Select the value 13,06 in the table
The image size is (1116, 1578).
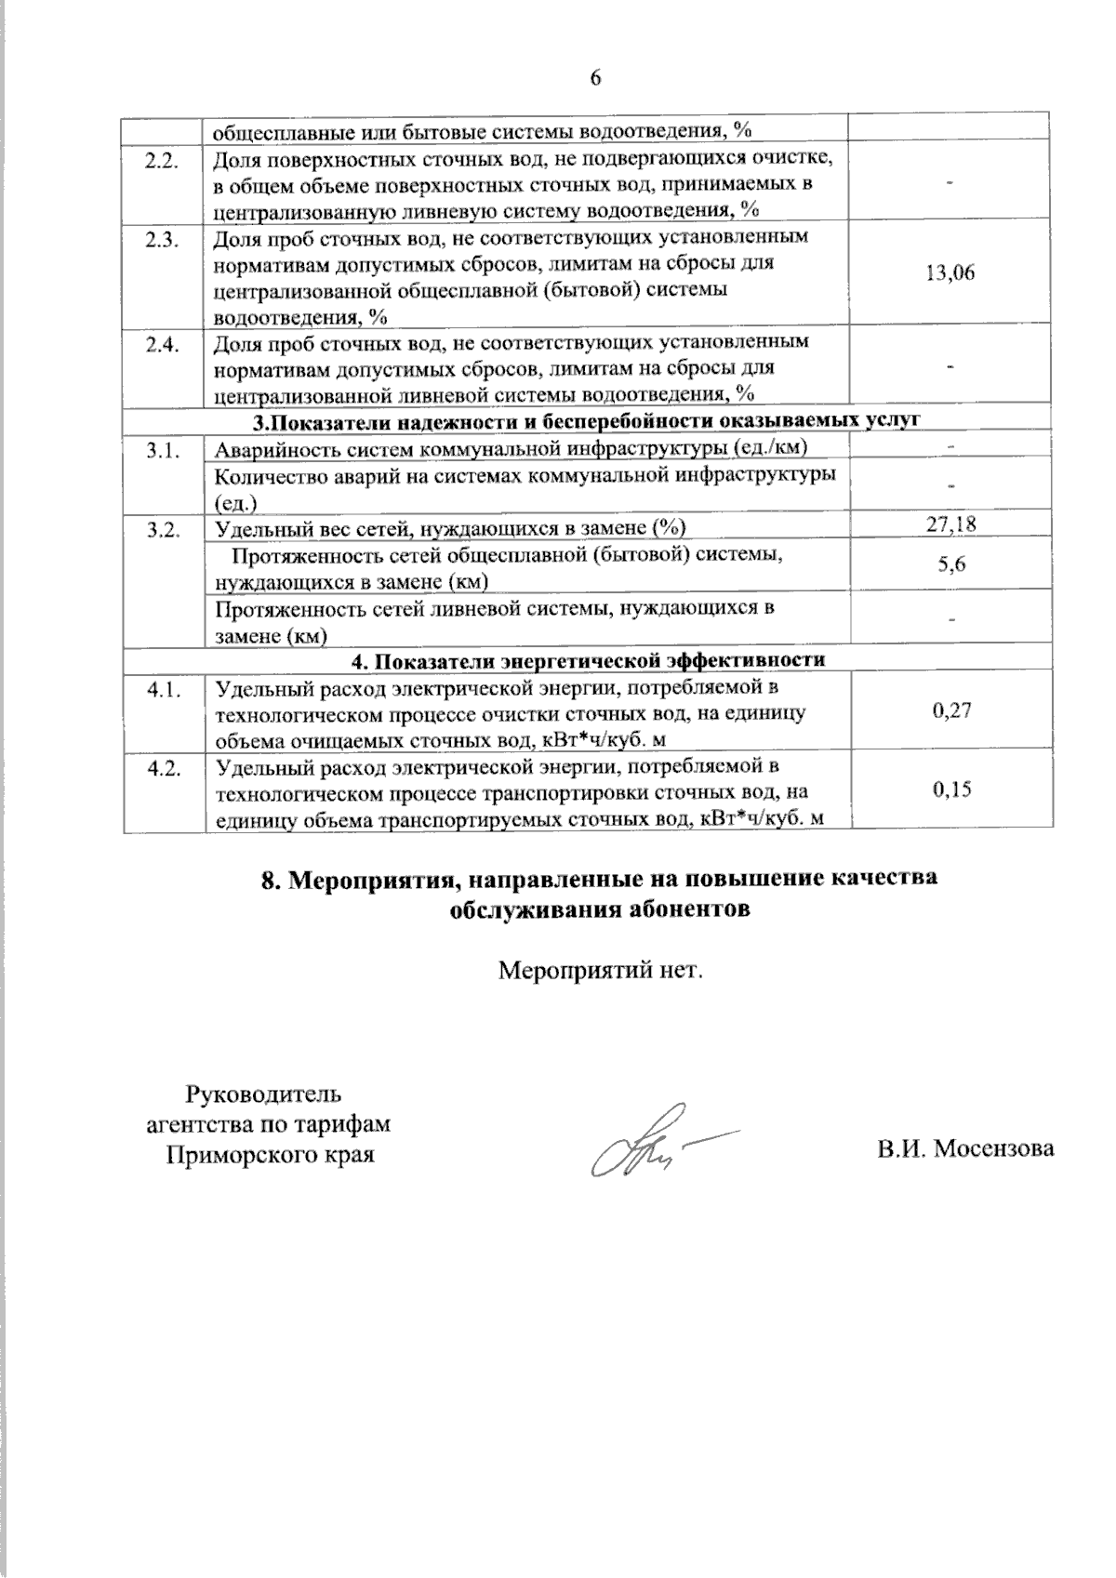950,272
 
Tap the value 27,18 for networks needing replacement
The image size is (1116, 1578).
950,525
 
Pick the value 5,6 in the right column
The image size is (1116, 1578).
950,564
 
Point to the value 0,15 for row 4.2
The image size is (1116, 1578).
950,790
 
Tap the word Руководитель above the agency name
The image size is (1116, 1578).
269,1092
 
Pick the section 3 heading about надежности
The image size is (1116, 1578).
587,420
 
